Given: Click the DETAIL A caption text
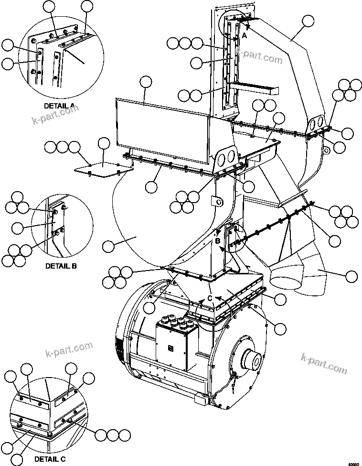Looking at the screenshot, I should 59,105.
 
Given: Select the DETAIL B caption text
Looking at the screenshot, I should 61,265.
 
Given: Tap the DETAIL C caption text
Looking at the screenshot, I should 50,459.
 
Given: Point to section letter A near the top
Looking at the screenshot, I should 244,36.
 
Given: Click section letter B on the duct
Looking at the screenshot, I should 218,241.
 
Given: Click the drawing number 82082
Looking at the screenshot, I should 353,464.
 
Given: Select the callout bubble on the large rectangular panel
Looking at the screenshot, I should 146,84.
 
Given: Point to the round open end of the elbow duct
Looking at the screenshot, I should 285,279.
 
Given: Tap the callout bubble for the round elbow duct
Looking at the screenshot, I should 351,276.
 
